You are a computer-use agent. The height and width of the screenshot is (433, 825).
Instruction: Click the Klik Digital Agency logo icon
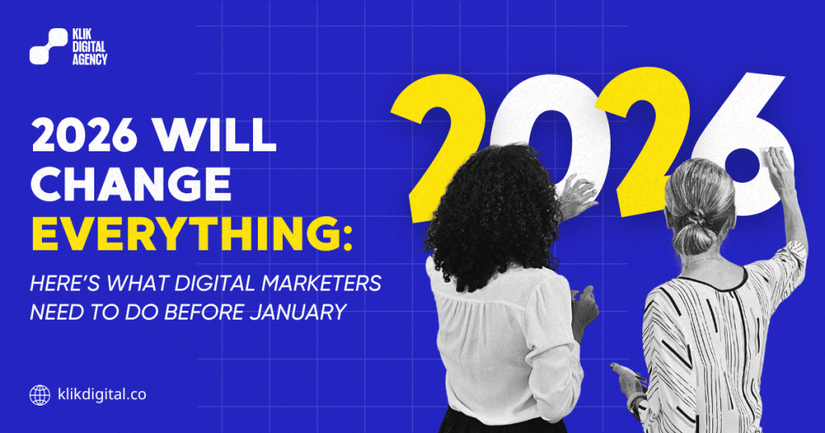[48, 46]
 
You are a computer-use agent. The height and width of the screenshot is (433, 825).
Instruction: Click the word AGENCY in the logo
[89, 60]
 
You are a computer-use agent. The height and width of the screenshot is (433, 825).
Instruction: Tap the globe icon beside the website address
[39, 394]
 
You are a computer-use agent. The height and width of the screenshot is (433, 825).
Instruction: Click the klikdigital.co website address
[101, 395]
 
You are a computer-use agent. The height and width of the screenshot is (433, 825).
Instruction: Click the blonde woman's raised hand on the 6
[778, 165]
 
